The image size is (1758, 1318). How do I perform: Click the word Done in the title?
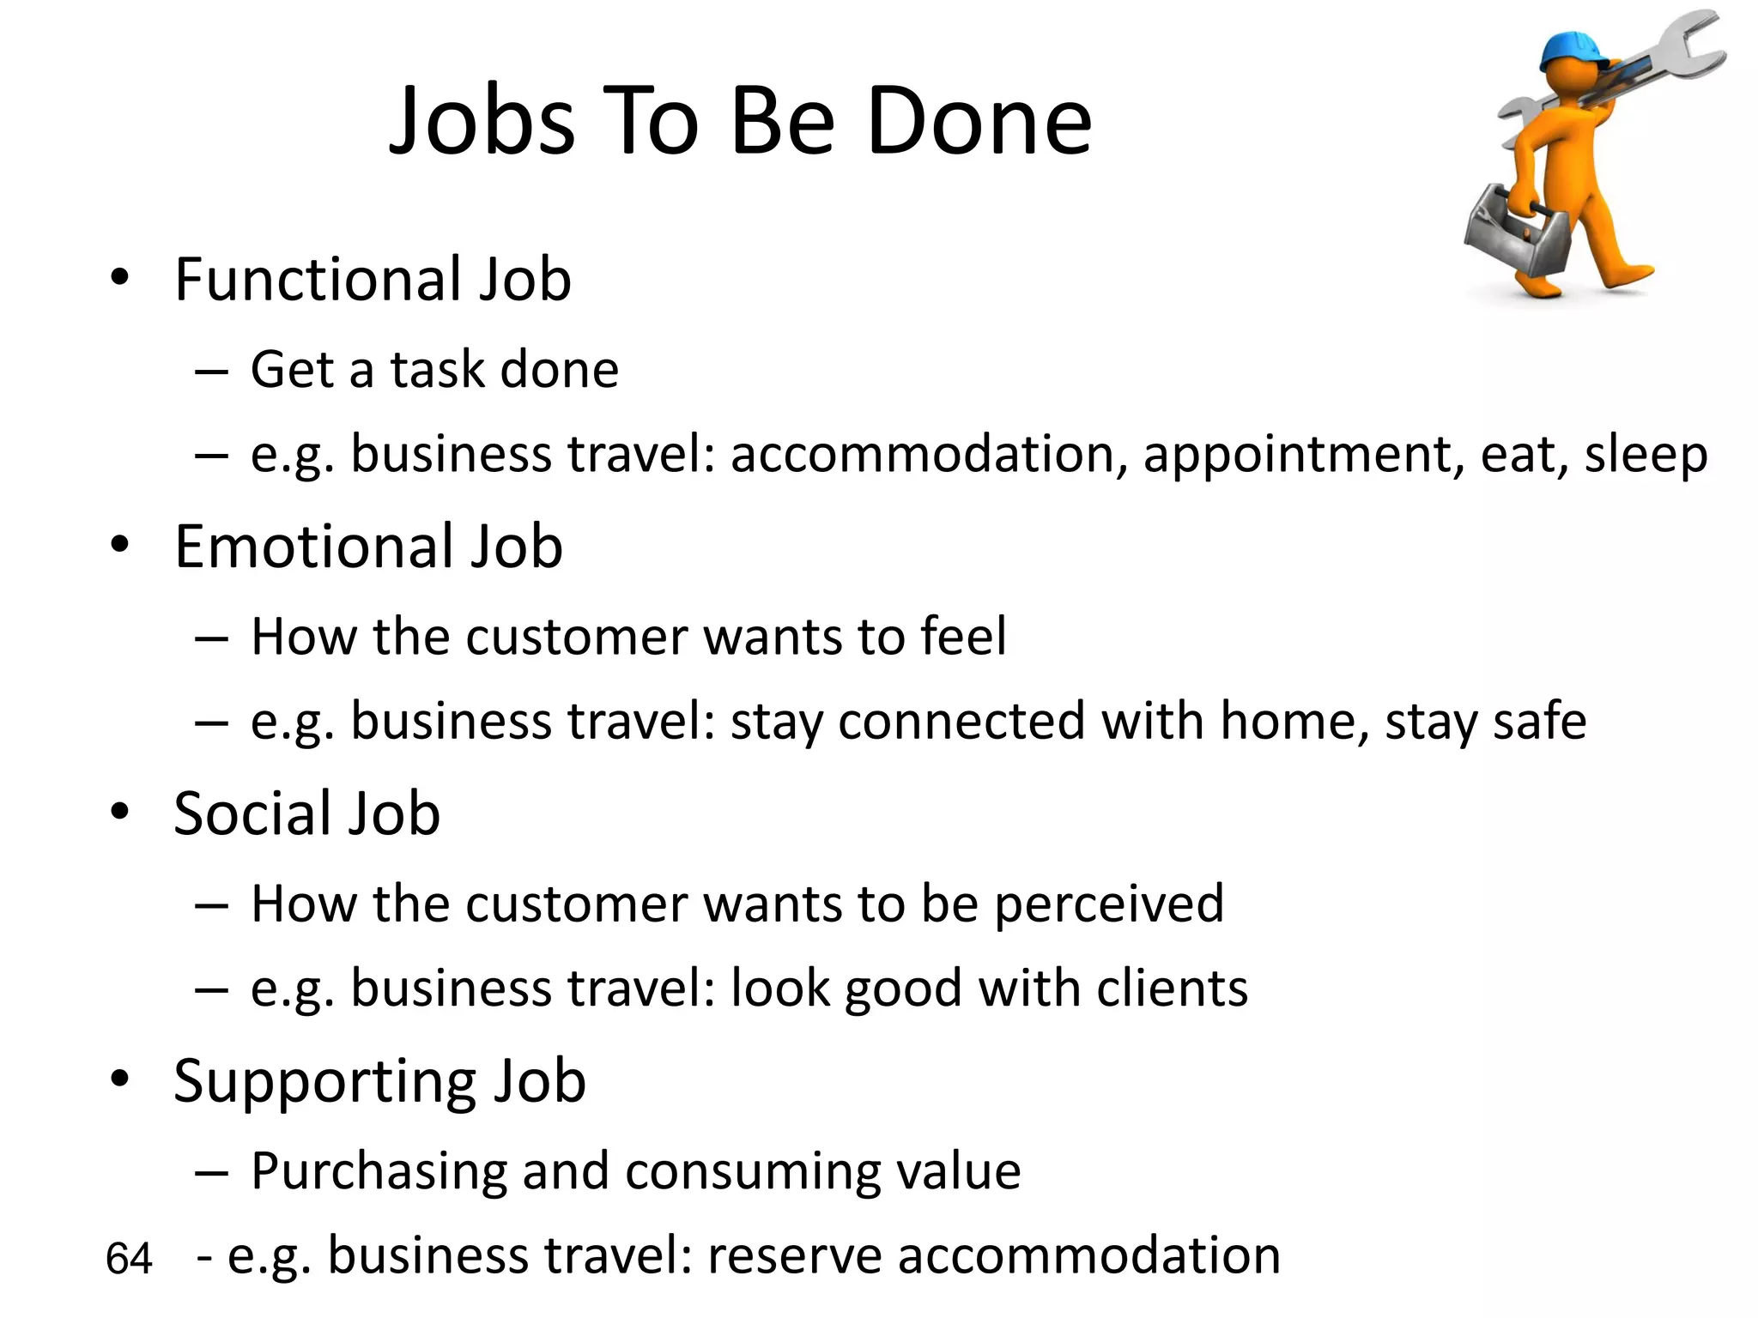point(979,122)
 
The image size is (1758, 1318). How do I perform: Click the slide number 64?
point(129,1259)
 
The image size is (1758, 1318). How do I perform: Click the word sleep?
point(1646,455)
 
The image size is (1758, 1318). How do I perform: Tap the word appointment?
point(1303,455)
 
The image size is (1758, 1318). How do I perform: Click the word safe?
point(1539,721)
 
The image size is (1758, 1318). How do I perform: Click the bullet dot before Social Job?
point(120,812)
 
